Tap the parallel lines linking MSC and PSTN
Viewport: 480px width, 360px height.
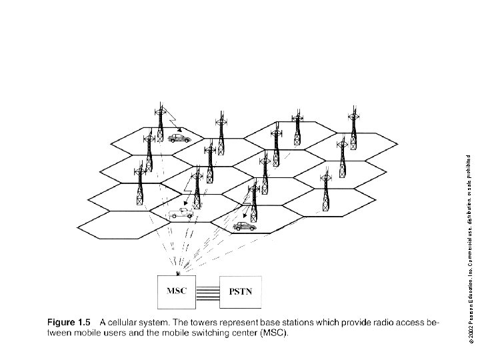point(208,292)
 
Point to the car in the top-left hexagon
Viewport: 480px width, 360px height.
point(179,138)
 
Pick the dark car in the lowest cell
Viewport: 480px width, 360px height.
point(244,227)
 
